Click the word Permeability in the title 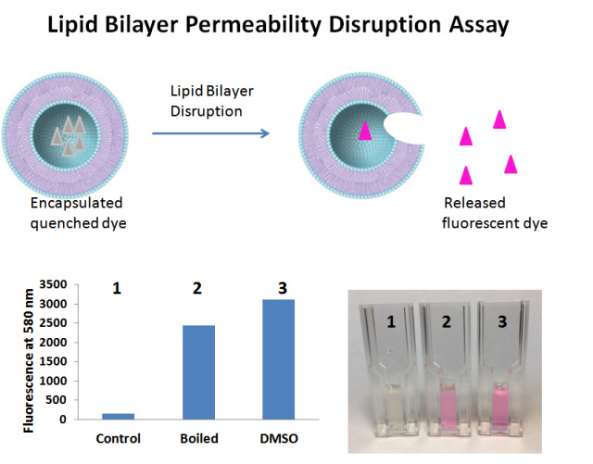pyautogui.click(x=253, y=25)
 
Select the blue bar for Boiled pyautogui.click(x=198, y=372)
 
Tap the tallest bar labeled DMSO pyautogui.click(x=278, y=359)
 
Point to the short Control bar pyautogui.click(x=118, y=417)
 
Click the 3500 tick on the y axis pyautogui.click(x=53, y=284)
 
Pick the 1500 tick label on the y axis pyautogui.click(x=53, y=361)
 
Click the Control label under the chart pyautogui.click(x=118, y=439)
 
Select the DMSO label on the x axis pyautogui.click(x=279, y=439)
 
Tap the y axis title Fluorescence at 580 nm pyautogui.click(x=29, y=361)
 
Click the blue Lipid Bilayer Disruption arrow pyautogui.click(x=210, y=133)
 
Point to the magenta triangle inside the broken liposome pyautogui.click(x=365, y=131)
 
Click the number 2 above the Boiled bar pyautogui.click(x=197, y=289)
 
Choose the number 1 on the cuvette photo pyautogui.click(x=391, y=321)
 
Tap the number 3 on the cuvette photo pyautogui.click(x=502, y=321)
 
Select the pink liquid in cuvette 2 pyautogui.click(x=449, y=407)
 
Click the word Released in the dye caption pyautogui.click(x=474, y=203)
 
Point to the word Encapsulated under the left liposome pyautogui.click(x=76, y=204)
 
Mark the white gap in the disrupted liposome pyautogui.click(x=404, y=129)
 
